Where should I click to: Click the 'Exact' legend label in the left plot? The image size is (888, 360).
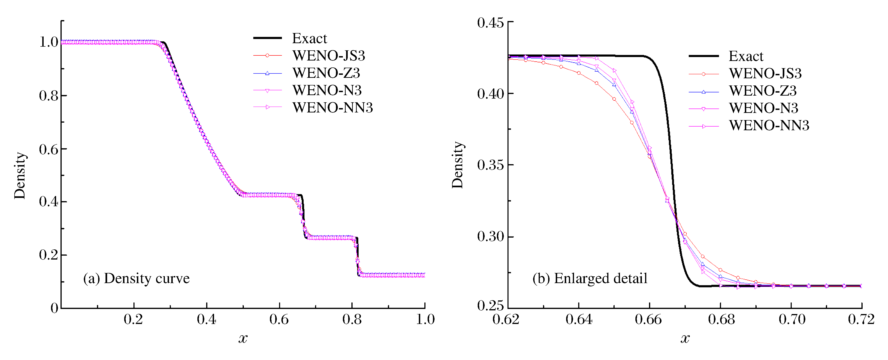tap(309, 39)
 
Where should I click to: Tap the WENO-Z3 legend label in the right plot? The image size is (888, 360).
tap(763, 91)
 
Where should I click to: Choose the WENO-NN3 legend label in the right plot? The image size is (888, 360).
tap(769, 126)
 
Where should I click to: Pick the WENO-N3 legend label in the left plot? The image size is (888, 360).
tap(327, 90)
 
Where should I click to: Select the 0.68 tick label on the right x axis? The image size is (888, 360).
tap(721, 320)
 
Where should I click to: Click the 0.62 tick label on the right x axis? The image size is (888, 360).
tap(506, 320)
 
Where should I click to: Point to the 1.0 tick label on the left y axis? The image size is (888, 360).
tap(49, 42)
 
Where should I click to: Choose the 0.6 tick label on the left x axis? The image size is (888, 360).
tap(279, 320)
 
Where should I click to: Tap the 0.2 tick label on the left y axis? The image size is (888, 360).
tap(49, 255)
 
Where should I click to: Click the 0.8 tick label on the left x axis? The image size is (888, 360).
tap(352, 320)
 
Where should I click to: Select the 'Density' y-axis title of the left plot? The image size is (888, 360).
tap(20, 176)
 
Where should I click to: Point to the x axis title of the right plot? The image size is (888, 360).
tap(685, 339)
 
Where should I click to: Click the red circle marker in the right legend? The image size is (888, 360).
tap(703, 74)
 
